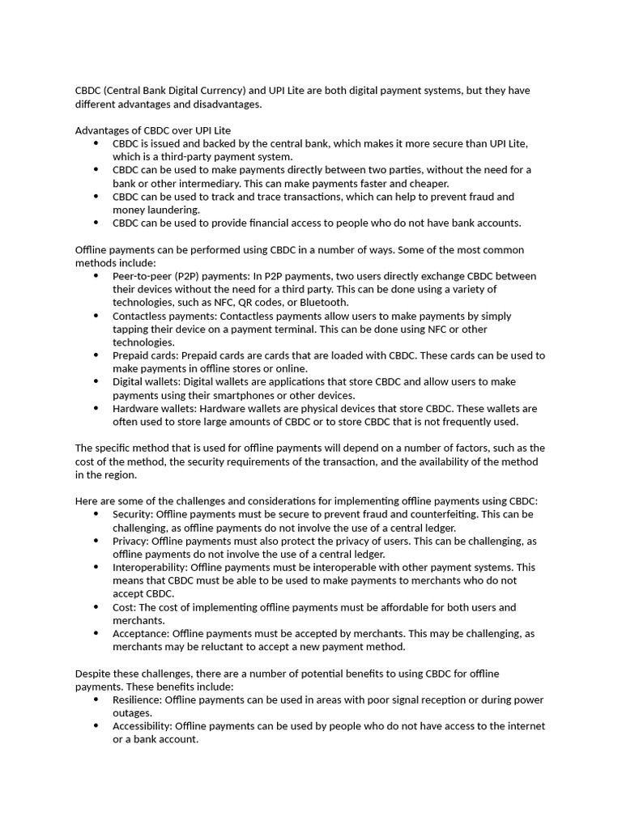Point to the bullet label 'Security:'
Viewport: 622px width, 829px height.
point(133,514)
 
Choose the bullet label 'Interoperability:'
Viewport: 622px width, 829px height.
point(150,568)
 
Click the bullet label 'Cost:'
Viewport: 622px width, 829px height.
point(125,607)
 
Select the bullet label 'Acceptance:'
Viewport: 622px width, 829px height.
point(141,634)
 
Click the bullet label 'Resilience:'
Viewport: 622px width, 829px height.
point(140,699)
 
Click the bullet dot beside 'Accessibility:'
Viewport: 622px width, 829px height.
point(96,726)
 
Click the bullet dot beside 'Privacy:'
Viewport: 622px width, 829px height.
point(96,541)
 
